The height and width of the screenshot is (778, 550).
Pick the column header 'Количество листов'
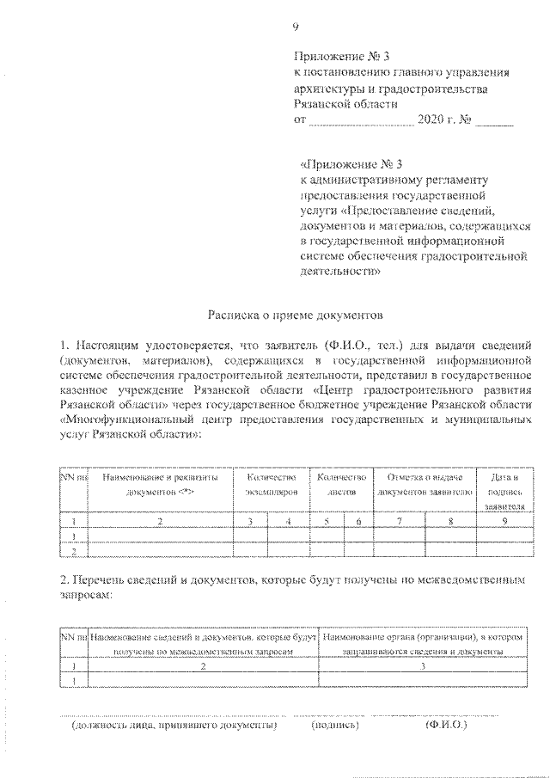coord(341,484)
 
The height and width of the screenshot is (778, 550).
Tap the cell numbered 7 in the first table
coord(399,520)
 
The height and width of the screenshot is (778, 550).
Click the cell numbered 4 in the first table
coord(289,520)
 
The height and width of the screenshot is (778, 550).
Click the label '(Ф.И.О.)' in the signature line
coord(445,726)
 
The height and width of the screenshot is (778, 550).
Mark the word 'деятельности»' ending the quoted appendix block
coord(341,270)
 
